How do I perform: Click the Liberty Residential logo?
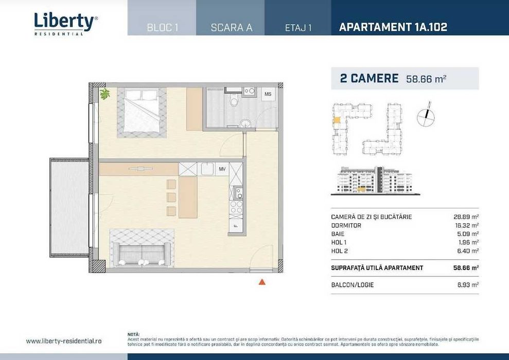pyautogui.click(x=65, y=23)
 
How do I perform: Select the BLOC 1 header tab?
pyautogui.click(x=162, y=28)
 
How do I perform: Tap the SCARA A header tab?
pyautogui.click(x=231, y=28)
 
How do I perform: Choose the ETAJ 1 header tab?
pyautogui.click(x=299, y=28)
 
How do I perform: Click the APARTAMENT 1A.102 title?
pyautogui.click(x=393, y=27)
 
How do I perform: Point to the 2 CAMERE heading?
pyautogui.click(x=369, y=78)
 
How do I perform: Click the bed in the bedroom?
pyautogui.click(x=142, y=113)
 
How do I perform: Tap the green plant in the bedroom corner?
pyautogui.click(x=105, y=94)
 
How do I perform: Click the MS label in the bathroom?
pyautogui.click(x=268, y=94)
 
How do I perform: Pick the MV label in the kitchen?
pyautogui.click(x=222, y=169)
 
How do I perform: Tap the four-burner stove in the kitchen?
pyautogui.click(x=236, y=207)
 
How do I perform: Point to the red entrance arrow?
pyautogui.click(x=261, y=281)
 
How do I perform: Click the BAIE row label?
pyautogui.click(x=338, y=233)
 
